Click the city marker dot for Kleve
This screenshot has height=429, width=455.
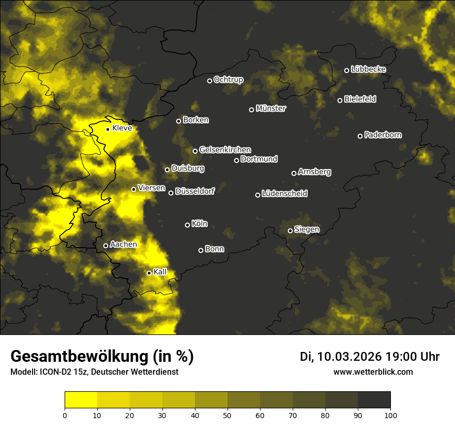[x=108, y=129]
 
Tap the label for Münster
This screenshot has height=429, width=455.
[x=271, y=109]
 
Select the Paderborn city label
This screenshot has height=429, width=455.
[x=383, y=135]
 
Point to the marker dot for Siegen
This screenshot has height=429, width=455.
[x=290, y=231]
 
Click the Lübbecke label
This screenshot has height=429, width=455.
[x=368, y=69]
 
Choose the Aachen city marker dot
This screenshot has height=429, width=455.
[x=105, y=246]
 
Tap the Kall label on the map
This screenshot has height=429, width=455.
[x=160, y=272]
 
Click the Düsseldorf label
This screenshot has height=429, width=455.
[x=195, y=191]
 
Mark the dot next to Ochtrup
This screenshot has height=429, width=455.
[x=209, y=81]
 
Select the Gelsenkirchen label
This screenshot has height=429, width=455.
[x=225, y=150]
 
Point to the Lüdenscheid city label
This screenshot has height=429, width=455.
[x=284, y=194]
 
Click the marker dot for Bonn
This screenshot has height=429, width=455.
[x=201, y=250]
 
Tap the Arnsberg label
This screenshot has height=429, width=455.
[x=314, y=172]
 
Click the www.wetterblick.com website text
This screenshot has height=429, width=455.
[x=373, y=372]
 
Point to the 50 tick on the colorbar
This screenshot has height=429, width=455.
[x=228, y=415]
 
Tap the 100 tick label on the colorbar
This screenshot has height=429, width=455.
[x=390, y=415]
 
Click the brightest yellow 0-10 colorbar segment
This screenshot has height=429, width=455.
[x=81, y=400]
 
